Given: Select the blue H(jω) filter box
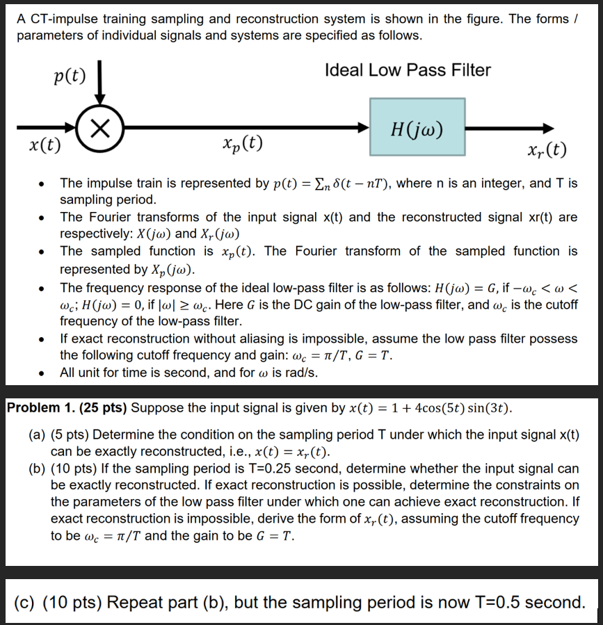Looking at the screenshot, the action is pyautogui.click(x=417, y=127).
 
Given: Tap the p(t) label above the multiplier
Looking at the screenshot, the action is pyautogui.click(x=69, y=75).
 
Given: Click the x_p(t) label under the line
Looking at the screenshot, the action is pyautogui.click(x=243, y=144).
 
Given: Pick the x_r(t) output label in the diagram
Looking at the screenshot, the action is pyautogui.click(x=547, y=149).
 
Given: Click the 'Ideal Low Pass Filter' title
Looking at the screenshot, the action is pyautogui.click(x=408, y=70).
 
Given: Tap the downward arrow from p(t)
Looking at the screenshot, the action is pyautogui.click(x=101, y=87).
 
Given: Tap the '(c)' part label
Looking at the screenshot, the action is pyautogui.click(x=27, y=601).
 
